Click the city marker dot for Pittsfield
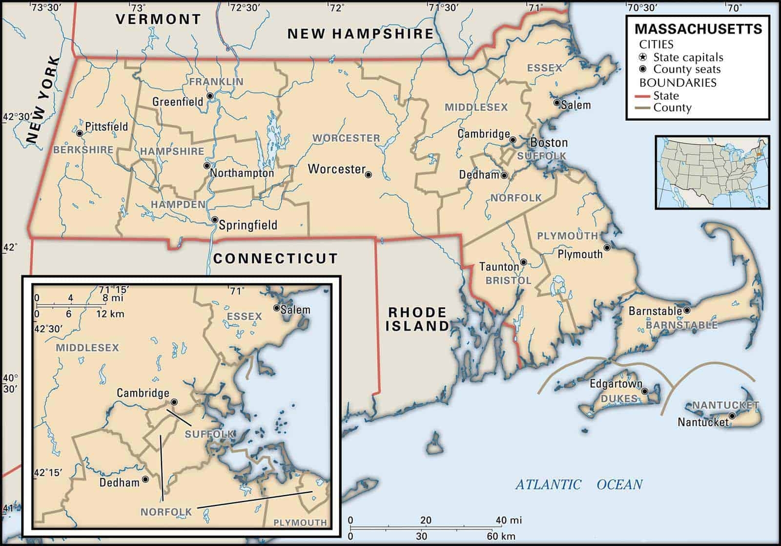(x=80, y=133)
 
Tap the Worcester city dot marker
(x=369, y=174)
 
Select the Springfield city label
(x=247, y=225)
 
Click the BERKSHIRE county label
(x=83, y=150)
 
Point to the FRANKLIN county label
(x=216, y=82)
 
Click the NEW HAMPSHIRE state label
(x=360, y=34)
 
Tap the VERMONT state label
(x=158, y=20)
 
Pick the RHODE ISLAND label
(x=417, y=319)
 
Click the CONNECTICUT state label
(x=275, y=258)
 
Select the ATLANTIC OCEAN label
(x=579, y=484)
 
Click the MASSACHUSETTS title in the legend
(x=698, y=29)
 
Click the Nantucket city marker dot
(x=732, y=416)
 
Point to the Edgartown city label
(x=616, y=384)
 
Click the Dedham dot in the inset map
(x=145, y=480)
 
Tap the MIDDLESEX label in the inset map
(x=87, y=348)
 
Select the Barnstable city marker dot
(x=687, y=310)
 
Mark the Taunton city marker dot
(x=523, y=262)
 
